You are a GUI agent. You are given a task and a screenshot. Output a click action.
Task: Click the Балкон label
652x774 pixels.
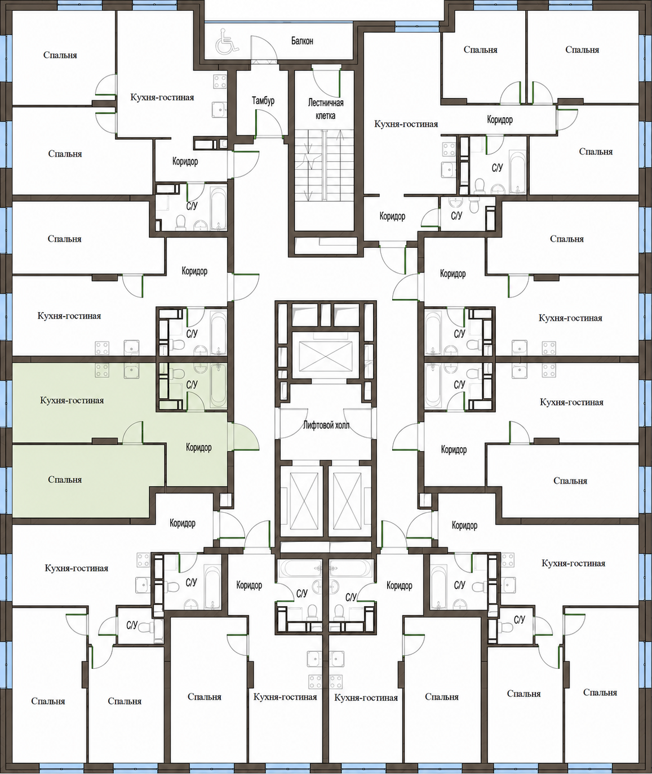tap(302, 41)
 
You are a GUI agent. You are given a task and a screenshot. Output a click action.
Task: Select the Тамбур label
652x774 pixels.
tap(263, 101)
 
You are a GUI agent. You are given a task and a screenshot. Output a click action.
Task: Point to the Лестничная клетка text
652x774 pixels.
tap(326, 109)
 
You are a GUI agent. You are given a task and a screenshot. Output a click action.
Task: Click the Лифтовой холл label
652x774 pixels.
tap(326, 425)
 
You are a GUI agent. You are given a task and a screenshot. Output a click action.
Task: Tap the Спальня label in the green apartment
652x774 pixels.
tap(65, 479)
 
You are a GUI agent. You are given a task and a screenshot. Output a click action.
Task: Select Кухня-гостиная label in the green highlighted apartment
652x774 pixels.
tap(72, 401)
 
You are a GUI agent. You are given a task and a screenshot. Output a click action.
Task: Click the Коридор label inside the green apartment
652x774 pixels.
tap(199, 447)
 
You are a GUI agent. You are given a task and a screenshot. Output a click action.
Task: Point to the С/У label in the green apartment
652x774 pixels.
tap(192, 384)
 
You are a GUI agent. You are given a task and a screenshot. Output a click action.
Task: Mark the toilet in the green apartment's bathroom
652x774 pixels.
tap(178, 372)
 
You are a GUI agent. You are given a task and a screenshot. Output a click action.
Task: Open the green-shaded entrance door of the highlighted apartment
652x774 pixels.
tap(243, 437)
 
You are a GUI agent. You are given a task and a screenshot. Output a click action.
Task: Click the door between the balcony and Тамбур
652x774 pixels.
tap(264, 50)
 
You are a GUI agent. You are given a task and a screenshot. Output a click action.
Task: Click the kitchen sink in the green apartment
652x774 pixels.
tap(131, 370)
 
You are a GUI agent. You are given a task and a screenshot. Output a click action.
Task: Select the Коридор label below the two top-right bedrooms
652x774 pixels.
tap(500, 120)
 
